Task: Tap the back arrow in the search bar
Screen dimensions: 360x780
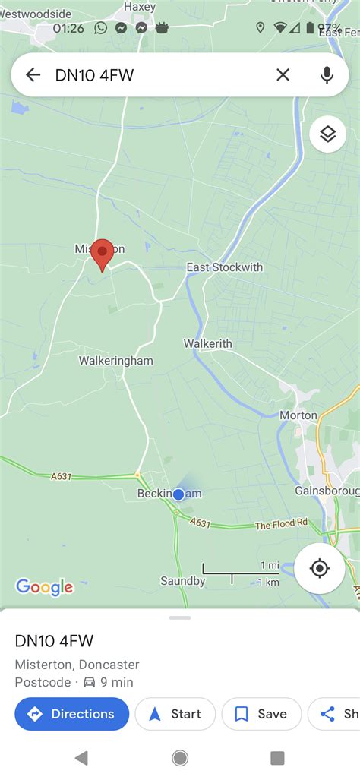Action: click(x=33, y=74)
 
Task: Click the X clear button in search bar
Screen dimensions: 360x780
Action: click(x=283, y=74)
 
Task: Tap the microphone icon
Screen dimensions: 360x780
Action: click(x=327, y=74)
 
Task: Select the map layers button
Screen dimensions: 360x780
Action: click(x=327, y=134)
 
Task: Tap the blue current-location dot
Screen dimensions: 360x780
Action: click(x=178, y=494)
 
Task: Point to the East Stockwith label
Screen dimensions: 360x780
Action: click(x=225, y=267)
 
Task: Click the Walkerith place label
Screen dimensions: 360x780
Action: click(x=207, y=344)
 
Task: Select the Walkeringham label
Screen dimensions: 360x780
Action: click(x=116, y=361)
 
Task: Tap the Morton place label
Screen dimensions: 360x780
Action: click(x=298, y=415)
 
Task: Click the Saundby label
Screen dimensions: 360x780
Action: click(x=183, y=581)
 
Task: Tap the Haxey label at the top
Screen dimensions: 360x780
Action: click(x=140, y=7)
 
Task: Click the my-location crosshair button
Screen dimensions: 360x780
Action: click(x=320, y=568)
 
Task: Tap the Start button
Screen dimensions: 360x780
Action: click(x=175, y=714)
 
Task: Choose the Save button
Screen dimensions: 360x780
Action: click(x=261, y=714)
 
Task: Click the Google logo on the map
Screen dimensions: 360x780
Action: click(x=45, y=587)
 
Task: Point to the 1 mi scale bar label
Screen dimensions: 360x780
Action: click(x=270, y=566)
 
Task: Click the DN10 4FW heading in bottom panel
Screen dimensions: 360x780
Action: click(x=54, y=640)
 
